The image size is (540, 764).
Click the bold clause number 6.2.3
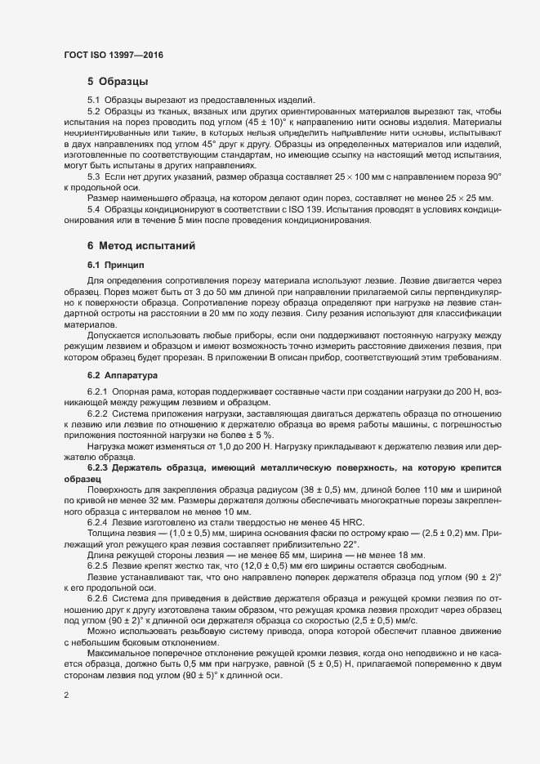click(x=97, y=467)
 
